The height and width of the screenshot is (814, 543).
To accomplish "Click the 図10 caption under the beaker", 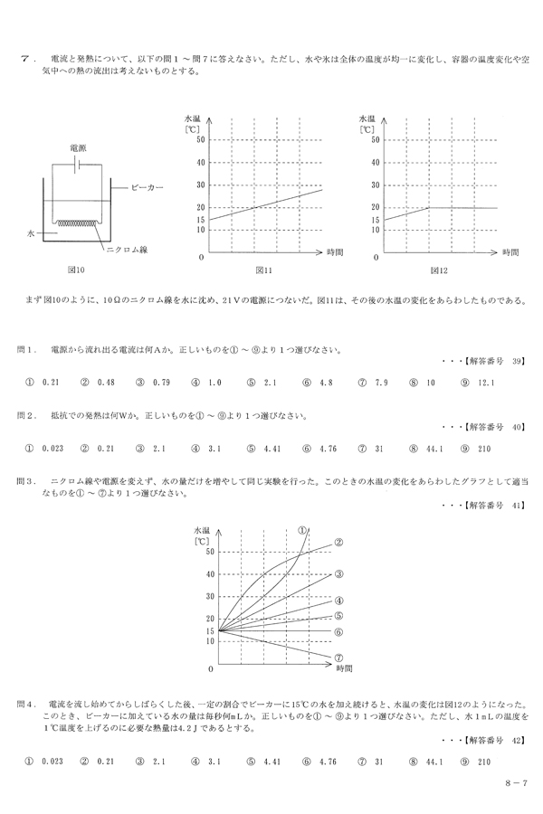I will [x=75, y=269].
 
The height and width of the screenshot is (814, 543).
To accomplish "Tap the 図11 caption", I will [x=262, y=269].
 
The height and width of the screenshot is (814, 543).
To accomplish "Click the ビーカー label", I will [x=148, y=187].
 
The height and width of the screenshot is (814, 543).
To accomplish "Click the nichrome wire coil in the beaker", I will [x=78, y=222].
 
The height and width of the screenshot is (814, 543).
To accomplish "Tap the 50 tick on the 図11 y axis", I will [x=201, y=139].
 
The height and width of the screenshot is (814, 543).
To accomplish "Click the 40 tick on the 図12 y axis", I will [x=376, y=162].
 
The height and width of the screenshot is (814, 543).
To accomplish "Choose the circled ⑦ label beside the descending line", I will [x=338, y=658].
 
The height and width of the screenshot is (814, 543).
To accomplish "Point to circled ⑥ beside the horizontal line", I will [x=338, y=631].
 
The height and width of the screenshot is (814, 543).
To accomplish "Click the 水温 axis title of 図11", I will [x=193, y=118].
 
